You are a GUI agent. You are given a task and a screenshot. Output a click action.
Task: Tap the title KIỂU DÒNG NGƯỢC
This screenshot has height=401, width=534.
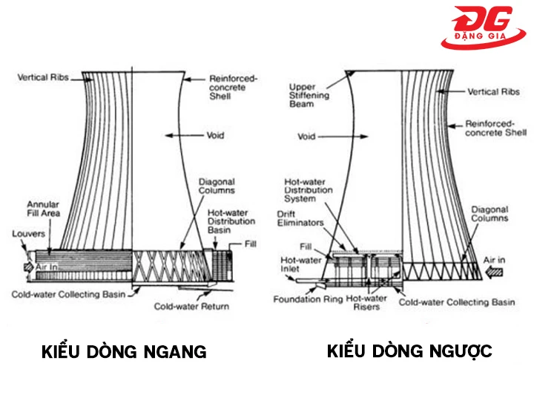click(409, 351)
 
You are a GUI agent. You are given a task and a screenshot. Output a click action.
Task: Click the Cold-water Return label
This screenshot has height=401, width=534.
click(191, 306)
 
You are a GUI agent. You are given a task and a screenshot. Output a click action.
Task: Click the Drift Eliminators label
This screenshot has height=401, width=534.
click(301, 218)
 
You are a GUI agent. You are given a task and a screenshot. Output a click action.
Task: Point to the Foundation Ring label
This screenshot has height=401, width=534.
click(306, 300)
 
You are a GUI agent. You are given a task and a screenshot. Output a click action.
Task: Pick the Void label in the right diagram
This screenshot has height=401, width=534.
click(306, 137)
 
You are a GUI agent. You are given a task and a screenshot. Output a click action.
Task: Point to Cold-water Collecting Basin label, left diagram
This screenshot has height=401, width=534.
click(67, 294)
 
